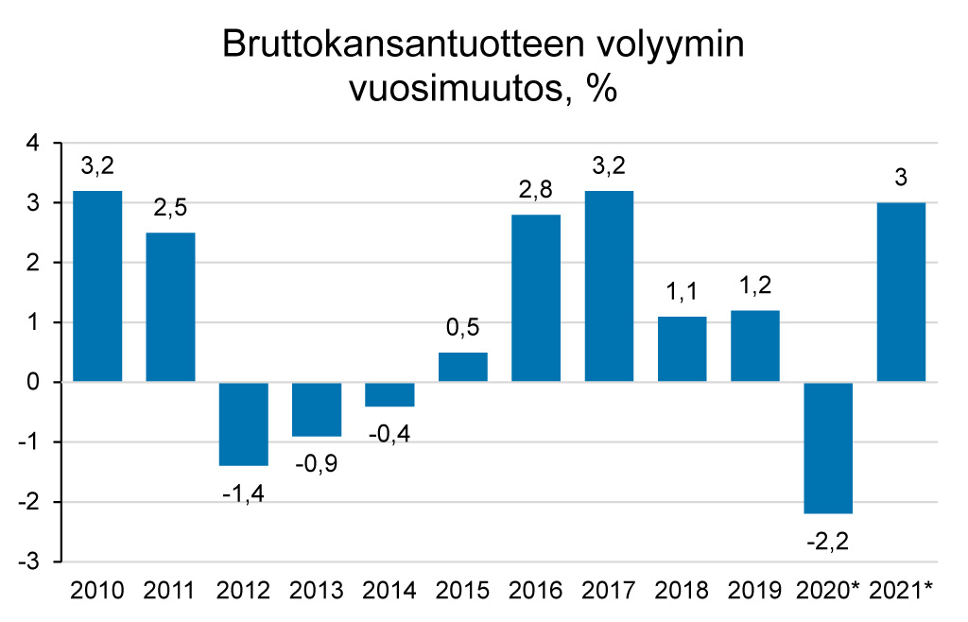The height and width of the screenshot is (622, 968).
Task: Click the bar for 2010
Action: pyautogui.click(x=97, y=286)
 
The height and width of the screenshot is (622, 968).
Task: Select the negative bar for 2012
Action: pyautogui.click(x=244, y=423)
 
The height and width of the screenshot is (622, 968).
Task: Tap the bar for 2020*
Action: pyautogui.click(x=829, y=447)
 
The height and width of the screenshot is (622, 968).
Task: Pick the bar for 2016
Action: pyautogui.click(x=536, y=298)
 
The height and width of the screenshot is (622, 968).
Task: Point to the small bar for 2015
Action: pyautogui.click(x=463, y=367)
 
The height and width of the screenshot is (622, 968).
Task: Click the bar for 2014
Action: pyautogui.click(x=389, y=394)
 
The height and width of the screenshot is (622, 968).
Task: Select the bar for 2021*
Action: pyautogui.click(x=902, y=292)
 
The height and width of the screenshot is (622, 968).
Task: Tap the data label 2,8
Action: pyautogui.click(x=536, y=188)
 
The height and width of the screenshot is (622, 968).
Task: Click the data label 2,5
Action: pyautogui.click(x=170, y=206)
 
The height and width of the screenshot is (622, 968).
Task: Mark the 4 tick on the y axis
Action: pyautogui.click(x=35, y=144)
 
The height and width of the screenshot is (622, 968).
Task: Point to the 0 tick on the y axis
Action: pyautogui.click(x=35, y=382)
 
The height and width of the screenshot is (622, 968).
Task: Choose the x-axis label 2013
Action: pyautogui.click(x=317, y=592)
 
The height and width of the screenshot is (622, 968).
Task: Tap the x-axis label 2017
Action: pyautogui.click(x=609, y=592)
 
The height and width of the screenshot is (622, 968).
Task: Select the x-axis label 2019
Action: pyautogui.click(x=755, y=592)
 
